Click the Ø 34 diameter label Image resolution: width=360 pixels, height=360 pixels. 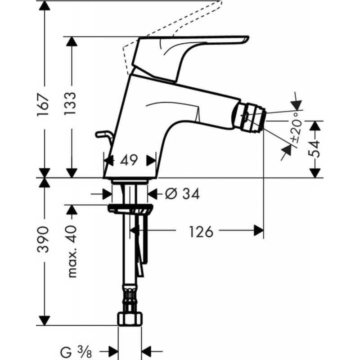click(x=182, y=194)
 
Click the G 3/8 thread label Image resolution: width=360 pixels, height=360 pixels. click(x=79, y=350)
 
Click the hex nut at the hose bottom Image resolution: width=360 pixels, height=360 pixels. click(x=129, y=318)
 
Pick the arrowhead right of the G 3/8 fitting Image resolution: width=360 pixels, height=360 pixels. click(x=147, y=350)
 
